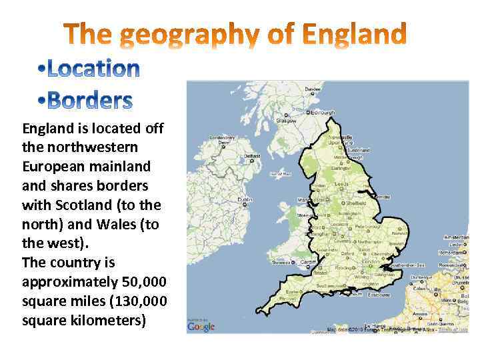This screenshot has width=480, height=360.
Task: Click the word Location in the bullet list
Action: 93,69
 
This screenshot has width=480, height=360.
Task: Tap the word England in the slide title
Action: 354,34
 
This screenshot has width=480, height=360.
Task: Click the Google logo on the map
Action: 201,326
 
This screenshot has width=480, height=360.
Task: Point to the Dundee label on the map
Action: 312,89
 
